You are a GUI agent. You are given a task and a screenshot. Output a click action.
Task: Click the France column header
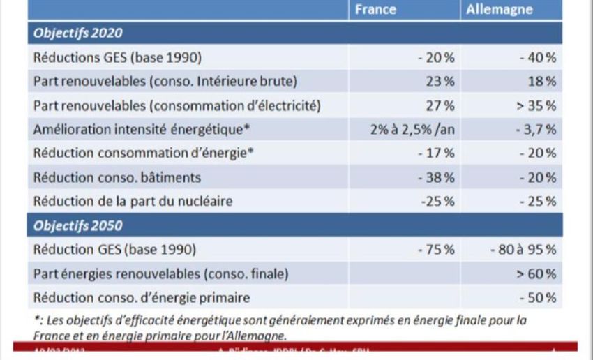(x=375, y=10)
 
